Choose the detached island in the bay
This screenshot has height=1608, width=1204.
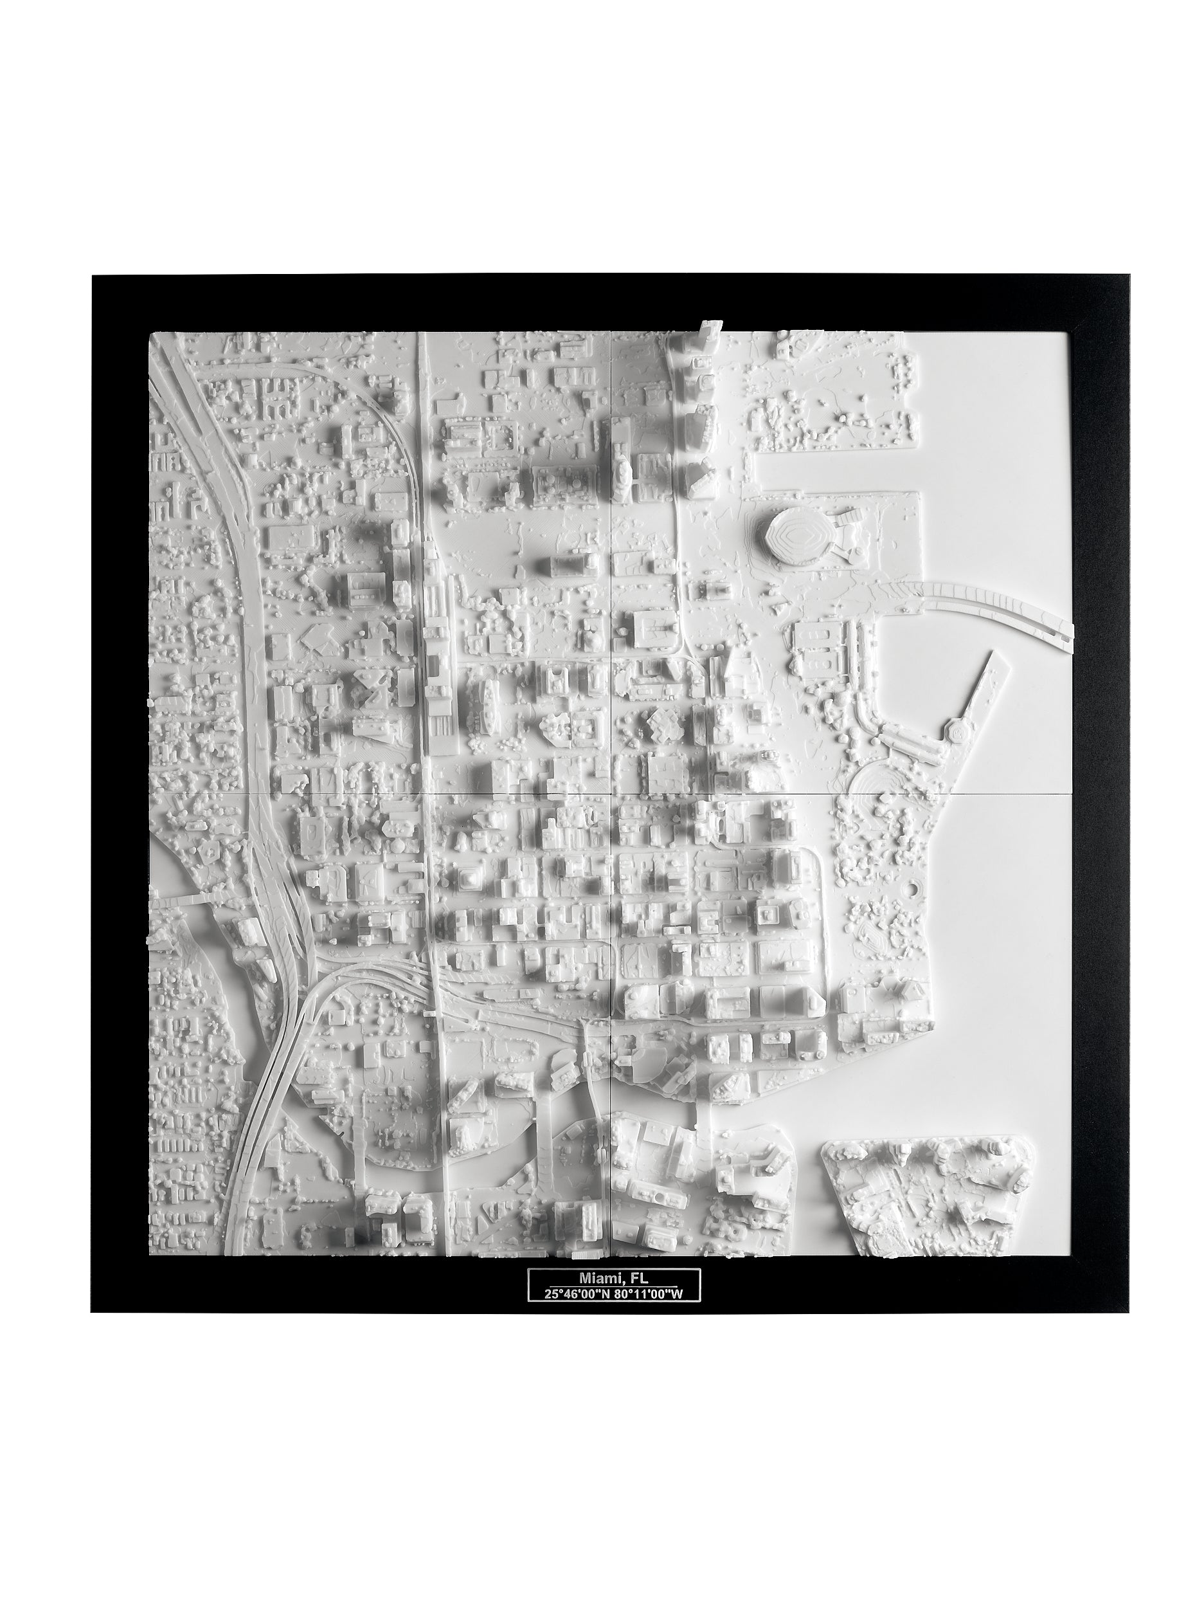[937, 1185]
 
